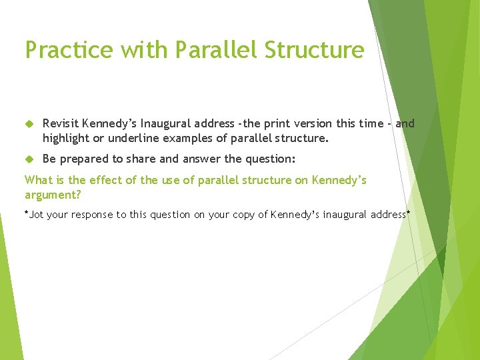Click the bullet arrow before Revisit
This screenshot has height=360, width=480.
[x=29, y=124]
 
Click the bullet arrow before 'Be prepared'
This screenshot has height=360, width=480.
[x=29, y=159]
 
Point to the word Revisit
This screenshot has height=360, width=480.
[x=62, y=123]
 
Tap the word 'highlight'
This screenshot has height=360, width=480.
[x=67, y=139]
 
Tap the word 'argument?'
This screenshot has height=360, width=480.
[x=53, y=194]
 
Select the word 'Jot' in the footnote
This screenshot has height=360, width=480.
[x=37, y=215]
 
